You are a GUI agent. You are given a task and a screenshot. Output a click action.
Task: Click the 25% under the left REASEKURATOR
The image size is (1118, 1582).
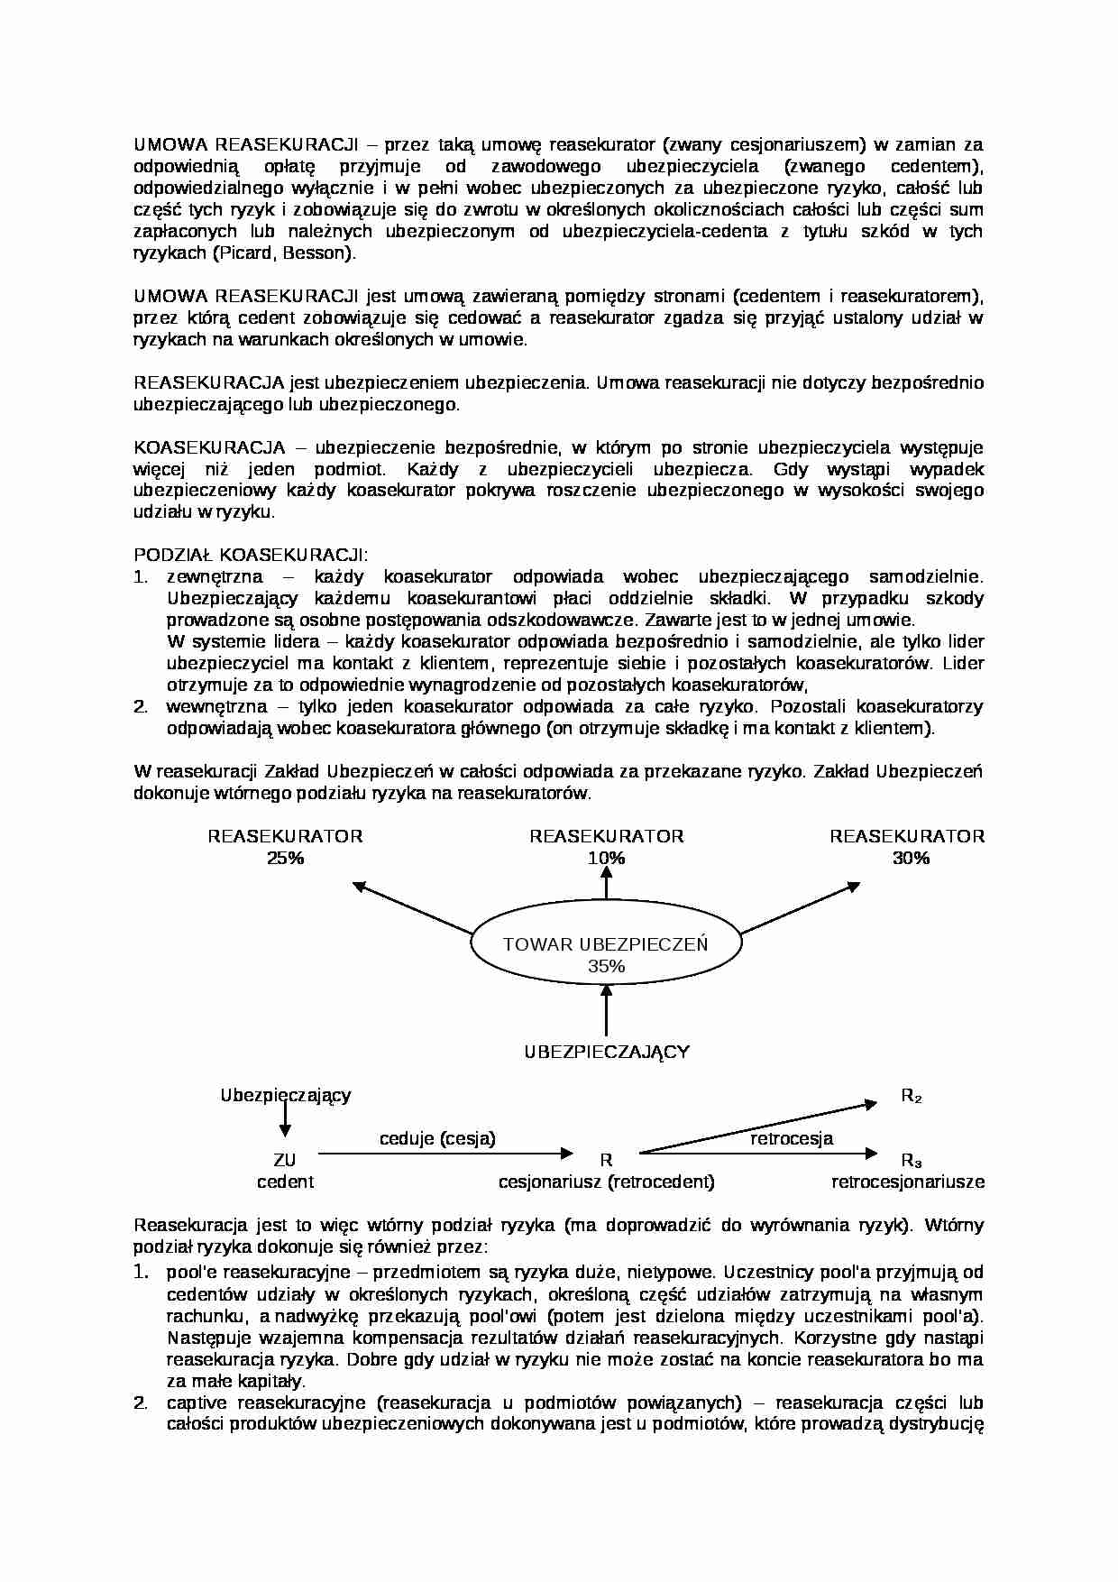285,858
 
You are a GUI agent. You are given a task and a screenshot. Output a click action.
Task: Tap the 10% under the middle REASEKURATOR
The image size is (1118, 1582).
606,858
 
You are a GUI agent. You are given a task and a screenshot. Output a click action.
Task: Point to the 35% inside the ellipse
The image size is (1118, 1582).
606,966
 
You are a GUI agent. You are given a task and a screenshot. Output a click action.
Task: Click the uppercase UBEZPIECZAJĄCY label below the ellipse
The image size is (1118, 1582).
606,1052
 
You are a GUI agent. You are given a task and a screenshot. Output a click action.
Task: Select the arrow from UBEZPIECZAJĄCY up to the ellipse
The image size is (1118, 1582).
606,1010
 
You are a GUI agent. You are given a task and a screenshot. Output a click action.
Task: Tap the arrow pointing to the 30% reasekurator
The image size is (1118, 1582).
801,907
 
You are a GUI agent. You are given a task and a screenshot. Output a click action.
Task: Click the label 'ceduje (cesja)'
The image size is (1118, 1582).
437,1138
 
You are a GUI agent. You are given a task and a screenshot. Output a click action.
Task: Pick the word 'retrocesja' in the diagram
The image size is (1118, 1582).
792,1138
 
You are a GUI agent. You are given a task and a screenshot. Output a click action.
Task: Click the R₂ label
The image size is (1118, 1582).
911,1097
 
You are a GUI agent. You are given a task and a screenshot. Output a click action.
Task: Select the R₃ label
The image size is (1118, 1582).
911,1161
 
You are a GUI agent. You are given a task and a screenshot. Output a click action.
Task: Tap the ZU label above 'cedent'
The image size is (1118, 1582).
284,1161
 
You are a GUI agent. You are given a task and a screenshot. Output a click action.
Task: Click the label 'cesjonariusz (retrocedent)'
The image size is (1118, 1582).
606,1182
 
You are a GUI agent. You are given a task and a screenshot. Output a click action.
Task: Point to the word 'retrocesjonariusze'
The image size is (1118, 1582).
907,1182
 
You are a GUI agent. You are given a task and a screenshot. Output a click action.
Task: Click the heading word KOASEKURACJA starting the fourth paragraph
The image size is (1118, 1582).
209,448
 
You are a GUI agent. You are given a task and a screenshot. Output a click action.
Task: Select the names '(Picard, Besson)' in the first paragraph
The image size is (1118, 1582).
283,253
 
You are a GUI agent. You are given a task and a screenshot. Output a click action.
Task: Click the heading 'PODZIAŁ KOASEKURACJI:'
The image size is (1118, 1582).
251,555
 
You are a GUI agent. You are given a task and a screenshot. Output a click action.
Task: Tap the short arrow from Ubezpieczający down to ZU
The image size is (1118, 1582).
285,1118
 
